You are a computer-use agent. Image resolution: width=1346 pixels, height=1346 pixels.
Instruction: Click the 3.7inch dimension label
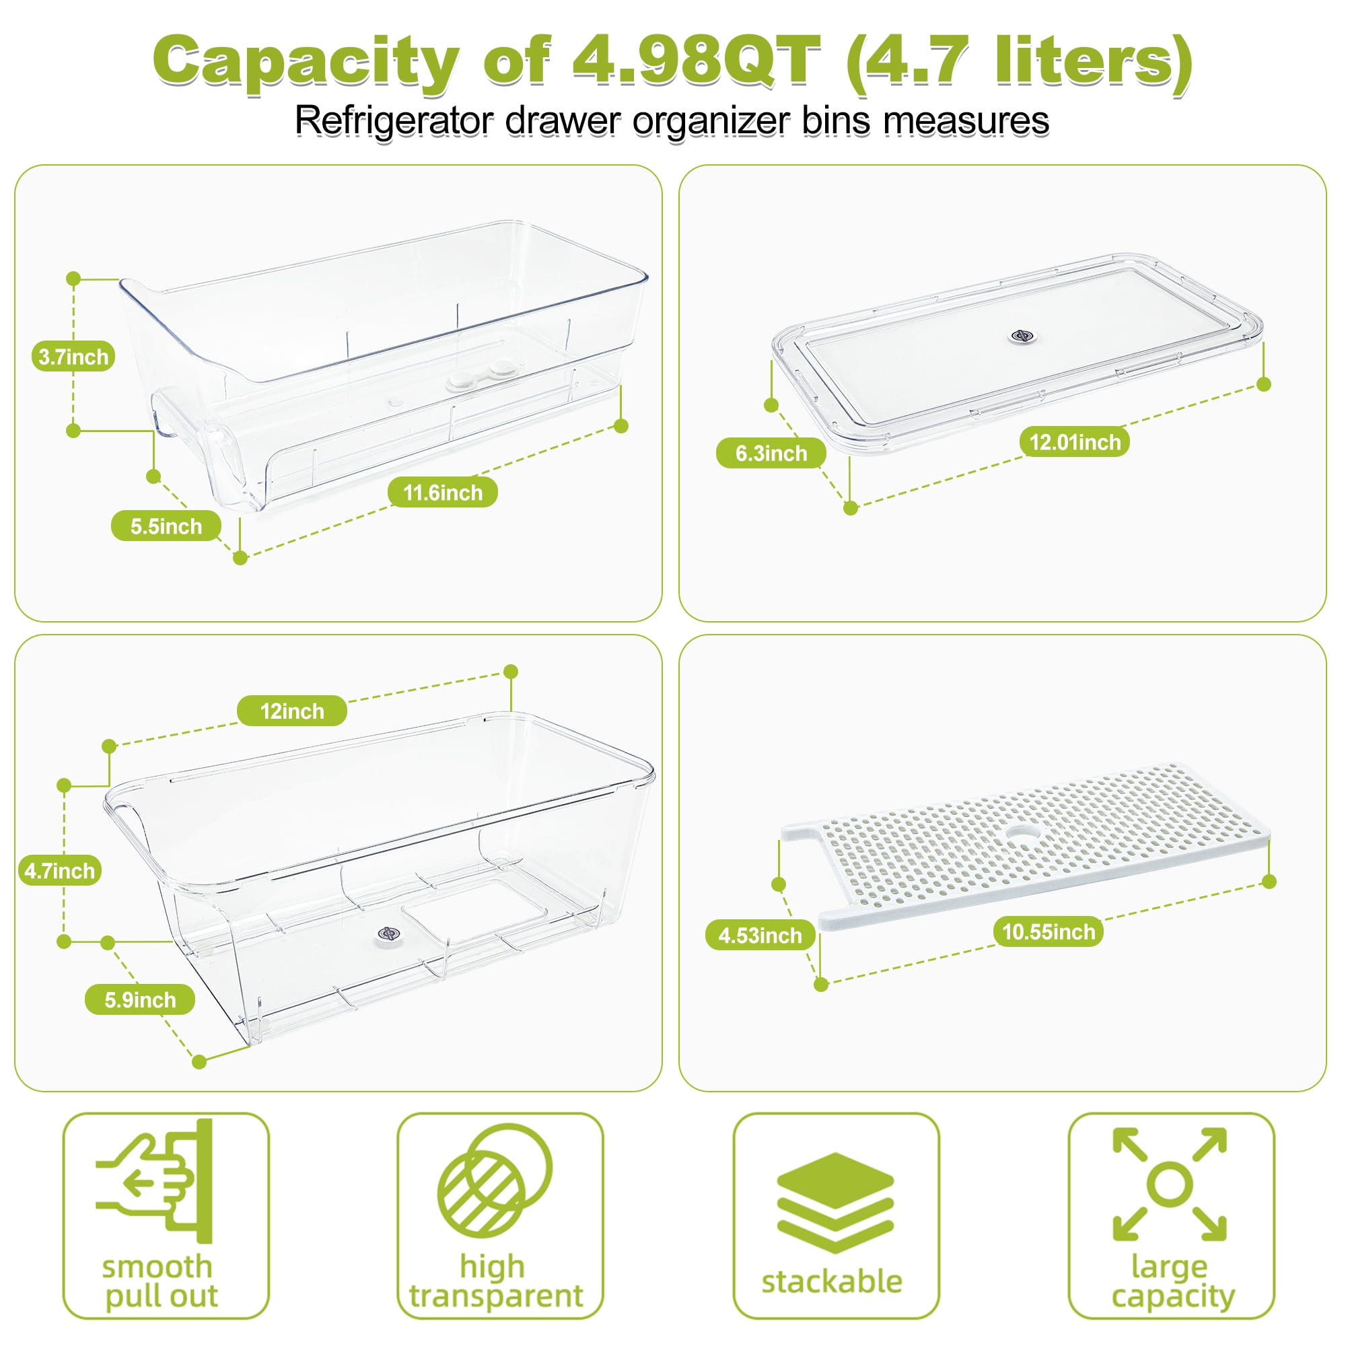73,357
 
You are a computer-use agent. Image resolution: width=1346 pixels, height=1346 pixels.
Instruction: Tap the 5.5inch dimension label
166,526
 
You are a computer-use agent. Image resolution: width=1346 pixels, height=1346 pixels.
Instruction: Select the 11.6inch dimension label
442,493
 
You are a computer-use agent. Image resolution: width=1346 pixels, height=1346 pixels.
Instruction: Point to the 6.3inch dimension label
771,454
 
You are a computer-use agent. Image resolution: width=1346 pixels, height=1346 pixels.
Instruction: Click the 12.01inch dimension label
1075,441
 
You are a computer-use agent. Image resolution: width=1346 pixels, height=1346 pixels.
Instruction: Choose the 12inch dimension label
292,711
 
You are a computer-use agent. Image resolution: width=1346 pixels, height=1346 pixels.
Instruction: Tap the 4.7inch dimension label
59,871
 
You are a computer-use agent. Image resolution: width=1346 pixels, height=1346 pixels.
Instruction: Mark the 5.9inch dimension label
140,1000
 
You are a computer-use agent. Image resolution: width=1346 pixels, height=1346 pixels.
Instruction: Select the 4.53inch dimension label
760,935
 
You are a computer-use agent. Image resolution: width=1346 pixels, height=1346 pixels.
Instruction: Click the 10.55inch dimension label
1049,931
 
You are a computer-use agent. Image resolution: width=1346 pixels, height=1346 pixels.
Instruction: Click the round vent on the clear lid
1022,336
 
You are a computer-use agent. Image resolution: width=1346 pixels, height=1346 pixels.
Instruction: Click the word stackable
832,1282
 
